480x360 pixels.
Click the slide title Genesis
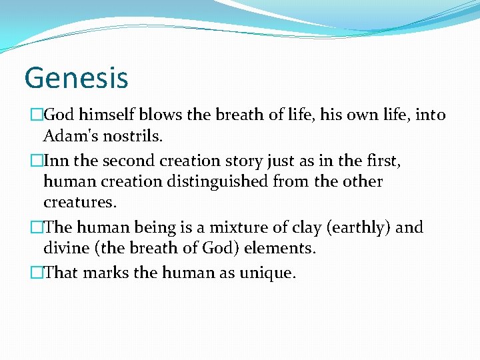pyautogui.click(x=76, y=77)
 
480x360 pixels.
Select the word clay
pyautogui.click(x=303, y=227)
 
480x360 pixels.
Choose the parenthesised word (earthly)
pyautogui.click(x=359, y=227)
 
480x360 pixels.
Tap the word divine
pyautogui.click(x=65, y=248)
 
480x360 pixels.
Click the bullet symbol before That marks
pyautogui.click(x=37, y=273)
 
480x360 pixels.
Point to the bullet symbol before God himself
pyautogui.click(x=37, y=115)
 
